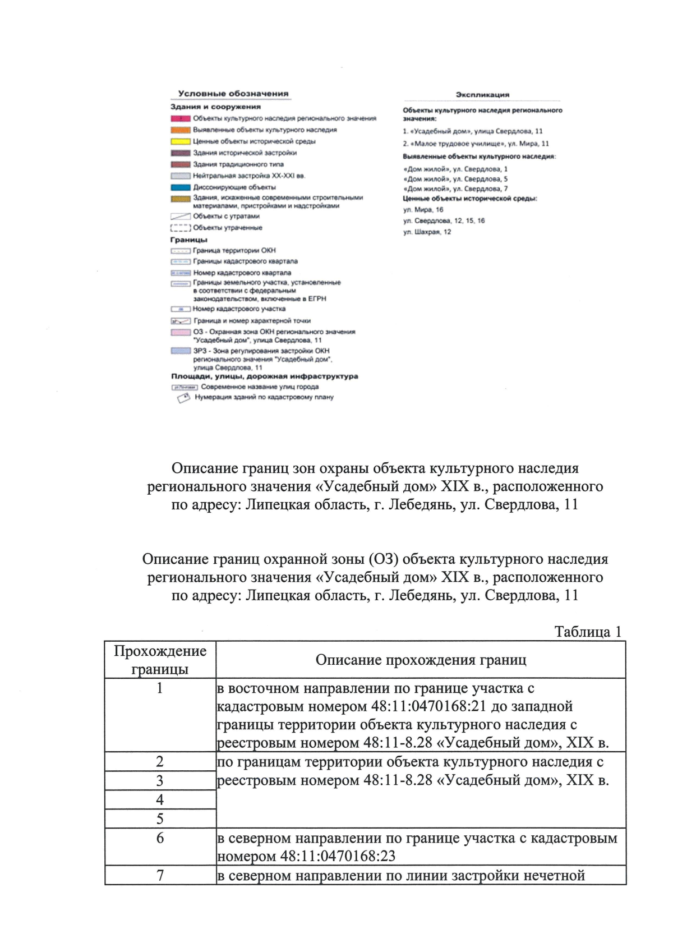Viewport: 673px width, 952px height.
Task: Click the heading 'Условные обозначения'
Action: (x=233, y=94)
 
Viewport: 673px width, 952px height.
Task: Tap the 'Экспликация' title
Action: (x=482, y=95)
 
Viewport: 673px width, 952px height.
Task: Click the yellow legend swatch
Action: (x=181, y=141)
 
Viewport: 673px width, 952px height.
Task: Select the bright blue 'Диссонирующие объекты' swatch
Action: (x=181, y=187)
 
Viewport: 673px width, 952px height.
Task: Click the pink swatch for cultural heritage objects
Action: (x=181, y=118)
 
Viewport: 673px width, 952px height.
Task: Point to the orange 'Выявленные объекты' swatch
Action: (x=181, y=130)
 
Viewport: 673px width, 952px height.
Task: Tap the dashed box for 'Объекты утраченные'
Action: (x=181, y=228)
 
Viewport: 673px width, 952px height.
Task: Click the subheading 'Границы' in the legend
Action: (x=189, y=240)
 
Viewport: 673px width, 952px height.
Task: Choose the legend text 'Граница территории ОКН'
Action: (x=234, y=251)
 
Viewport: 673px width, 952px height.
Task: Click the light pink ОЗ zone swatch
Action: (x=181, y=333)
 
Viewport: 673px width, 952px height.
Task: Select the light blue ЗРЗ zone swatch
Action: (x=181, y=351)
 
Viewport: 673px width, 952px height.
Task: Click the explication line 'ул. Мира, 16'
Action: (x=423, y=210)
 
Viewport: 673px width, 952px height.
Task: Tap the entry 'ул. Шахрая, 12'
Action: (x=427, y=232)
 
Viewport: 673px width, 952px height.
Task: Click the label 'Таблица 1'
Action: (x=588, y=632)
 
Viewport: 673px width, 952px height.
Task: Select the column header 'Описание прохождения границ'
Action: (x=421, y=660)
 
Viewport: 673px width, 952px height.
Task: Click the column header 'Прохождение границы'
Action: (x=160, y=660)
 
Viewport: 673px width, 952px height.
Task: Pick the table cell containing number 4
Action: (x=160, y=799)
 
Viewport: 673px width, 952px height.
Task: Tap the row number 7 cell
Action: (x=160, y=875)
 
